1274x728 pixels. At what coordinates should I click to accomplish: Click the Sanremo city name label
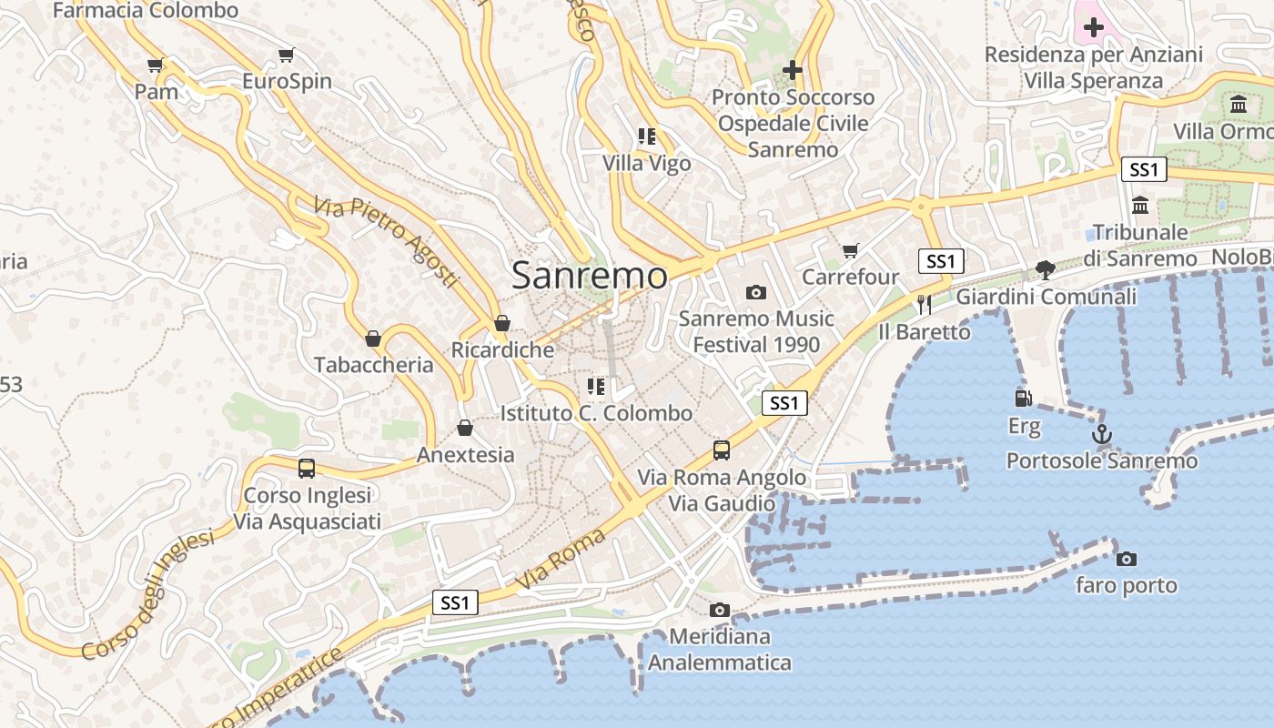click(x=590, y=275)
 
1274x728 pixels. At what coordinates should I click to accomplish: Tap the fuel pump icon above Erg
click(x=1024, y=399)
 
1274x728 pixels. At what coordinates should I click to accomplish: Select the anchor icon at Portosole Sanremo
click(x=1102, y=434)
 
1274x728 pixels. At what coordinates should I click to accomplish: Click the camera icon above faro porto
click(x=1127, y=559)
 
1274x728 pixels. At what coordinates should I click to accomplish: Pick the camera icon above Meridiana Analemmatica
click(x=720, y=610)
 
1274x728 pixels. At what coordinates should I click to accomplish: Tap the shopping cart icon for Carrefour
click(x=851, y=250)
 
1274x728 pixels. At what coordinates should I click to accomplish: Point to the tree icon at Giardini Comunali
click(x=1046, y=269)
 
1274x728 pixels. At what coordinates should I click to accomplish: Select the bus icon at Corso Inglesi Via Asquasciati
click(x=307, y=469)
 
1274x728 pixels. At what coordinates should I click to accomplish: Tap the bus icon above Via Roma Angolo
click(x=722, y=450)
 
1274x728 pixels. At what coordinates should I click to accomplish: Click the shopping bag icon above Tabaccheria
click(x=373, y=339)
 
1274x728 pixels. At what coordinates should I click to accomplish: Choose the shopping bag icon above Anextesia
click(x=465, y=428)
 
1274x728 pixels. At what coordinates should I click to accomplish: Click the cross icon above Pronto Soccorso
click(x=793, y=70)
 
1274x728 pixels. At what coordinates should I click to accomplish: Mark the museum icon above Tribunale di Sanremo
click(x=1140, y=206)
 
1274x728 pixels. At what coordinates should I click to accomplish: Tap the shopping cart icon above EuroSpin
click(x=287, y=55)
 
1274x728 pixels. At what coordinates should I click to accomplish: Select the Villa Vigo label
click(x=647, y=164)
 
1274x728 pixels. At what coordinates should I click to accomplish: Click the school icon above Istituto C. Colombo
click(x=596, y=387)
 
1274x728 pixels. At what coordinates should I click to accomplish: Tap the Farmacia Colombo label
click(x=146, y=11)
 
